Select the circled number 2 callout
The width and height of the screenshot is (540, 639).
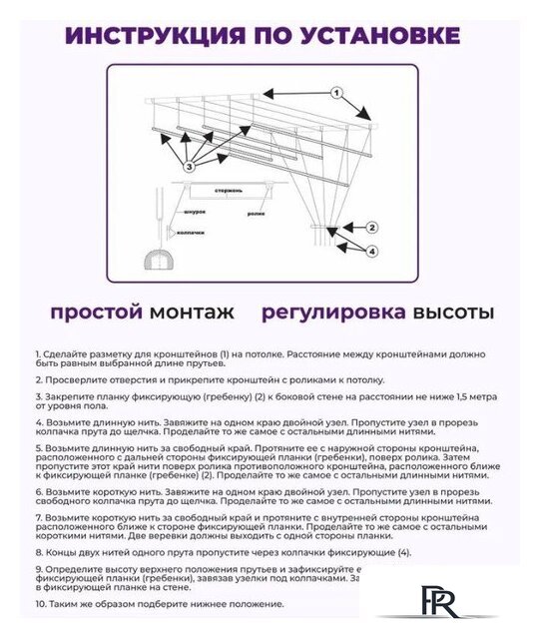(370, 227)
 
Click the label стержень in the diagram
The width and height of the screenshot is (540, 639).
(228, 190)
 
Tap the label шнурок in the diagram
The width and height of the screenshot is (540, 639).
(195, 213)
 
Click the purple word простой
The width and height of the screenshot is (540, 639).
(96, 313)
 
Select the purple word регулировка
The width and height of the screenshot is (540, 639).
(333, 313)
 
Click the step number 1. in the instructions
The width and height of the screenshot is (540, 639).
(38, 354)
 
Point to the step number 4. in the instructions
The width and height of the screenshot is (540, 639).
(39, 422)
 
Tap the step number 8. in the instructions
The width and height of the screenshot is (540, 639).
(39, 552)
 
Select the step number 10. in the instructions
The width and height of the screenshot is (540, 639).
(41, 604)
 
